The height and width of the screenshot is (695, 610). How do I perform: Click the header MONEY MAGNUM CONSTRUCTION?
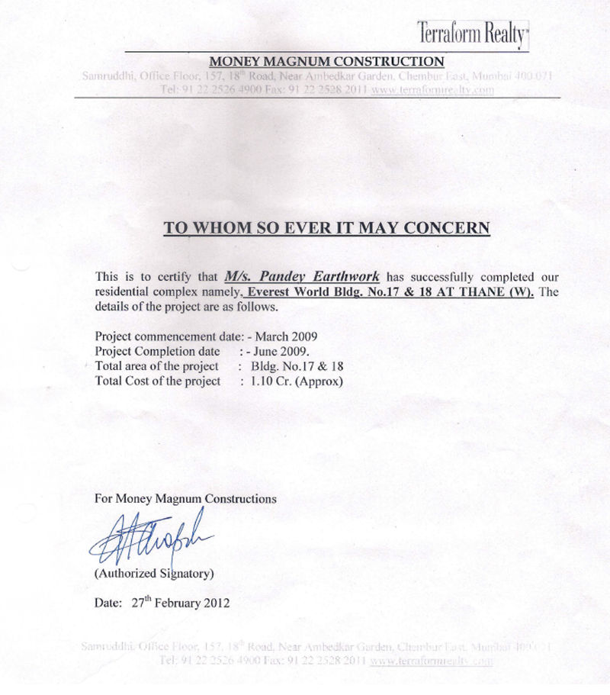point(326,61)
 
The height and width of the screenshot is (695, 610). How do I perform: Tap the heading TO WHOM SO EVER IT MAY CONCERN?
point(326,227)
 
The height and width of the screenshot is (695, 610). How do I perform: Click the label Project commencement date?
point(166,336)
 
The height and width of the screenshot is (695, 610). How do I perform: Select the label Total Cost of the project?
point(158,381)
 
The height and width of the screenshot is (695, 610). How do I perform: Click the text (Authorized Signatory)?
point(153,572)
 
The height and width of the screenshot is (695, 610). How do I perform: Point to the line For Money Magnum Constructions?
point(185,499)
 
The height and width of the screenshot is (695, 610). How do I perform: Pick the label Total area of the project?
point(157,366)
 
